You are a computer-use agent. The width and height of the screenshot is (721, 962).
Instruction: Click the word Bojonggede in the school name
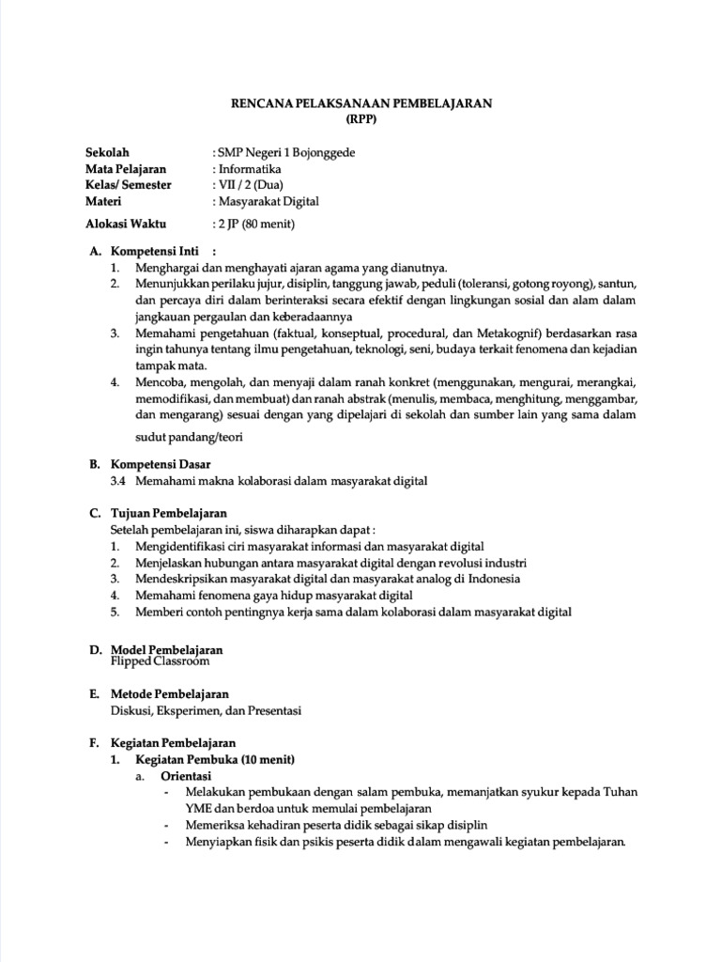(x=324, y=152)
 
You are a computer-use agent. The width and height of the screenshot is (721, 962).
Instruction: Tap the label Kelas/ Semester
(x=129, y=184)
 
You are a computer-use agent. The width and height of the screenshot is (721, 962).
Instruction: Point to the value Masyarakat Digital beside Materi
(x=268, y=200)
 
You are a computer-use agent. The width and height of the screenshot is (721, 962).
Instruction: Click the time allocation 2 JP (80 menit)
(x=257, y=224)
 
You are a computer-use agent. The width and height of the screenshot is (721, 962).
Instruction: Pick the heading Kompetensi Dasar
(x=161, y=464)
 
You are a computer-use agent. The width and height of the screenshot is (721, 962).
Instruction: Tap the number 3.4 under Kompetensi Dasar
(x=117, y=480)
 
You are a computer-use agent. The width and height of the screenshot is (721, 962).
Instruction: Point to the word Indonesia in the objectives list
(x=488, y=579)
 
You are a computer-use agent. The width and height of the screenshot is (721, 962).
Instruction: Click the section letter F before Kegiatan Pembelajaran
(x=94, y=742)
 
